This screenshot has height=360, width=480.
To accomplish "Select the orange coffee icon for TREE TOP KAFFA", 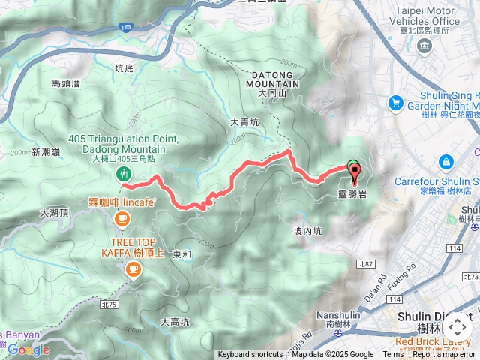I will pyautogui.click(x=133, y=269).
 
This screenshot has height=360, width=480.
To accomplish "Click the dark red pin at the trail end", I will pyautogui.click(x=355, y=173).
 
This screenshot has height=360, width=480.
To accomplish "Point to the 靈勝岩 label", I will pyautogui.click(x=352, y=193).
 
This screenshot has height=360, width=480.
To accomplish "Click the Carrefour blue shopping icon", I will pyautogui.click(x=446, y=161).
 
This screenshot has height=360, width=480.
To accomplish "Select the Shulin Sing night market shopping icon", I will pyautogui.click(x=395, y=102).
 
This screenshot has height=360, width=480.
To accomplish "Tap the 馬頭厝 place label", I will pyautogui.click(x=66, y=84).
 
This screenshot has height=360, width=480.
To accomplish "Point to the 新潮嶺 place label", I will pyautogui.click(x=46, y=152).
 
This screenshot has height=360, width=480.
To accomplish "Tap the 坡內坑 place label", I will pyautogui.click(x=307, y=231).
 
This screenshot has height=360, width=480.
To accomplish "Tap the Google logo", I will pyautogui.click(x=28, y=349).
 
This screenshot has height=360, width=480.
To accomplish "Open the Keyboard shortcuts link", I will pyautogui.click(x=250, y=355).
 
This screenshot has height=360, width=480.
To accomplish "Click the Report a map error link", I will pyautogui.click(x=445, y=355).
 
